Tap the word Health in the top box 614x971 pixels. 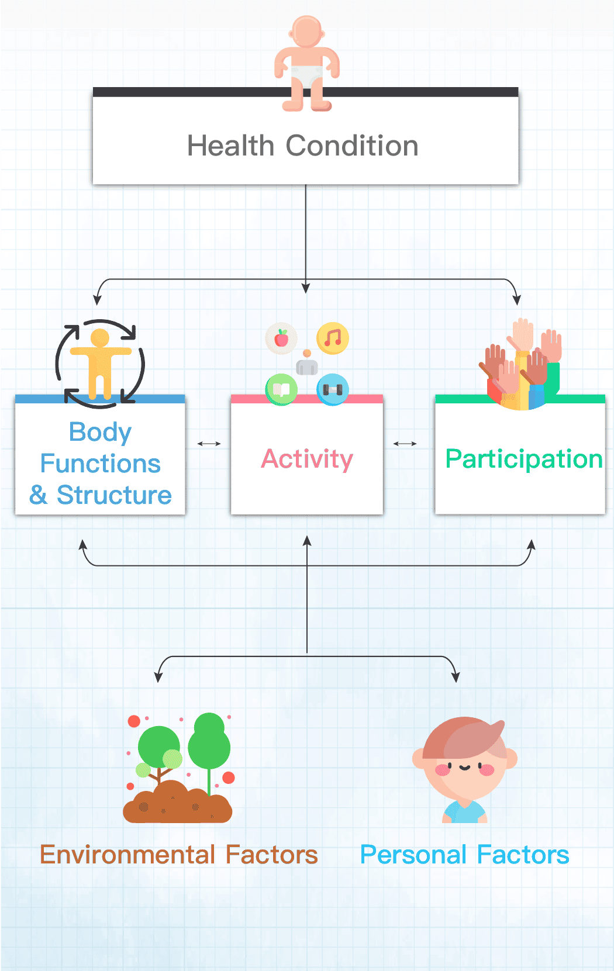tap(230, 146)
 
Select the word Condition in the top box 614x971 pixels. tap(352, 146)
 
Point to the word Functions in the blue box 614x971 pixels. tap(100, 464)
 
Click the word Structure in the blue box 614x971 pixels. tap(114, 495)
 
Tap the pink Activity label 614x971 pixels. tap(307, 459)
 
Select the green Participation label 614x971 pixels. tap(523, 459)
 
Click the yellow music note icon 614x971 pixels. tap(333, 338)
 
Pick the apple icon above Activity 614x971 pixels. tap(281, 338)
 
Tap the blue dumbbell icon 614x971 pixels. tap(333, 389)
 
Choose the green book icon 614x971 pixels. tap(281, 389)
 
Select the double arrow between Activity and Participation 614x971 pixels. tap(405, 444)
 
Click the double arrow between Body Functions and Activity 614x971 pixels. tap(209, 444)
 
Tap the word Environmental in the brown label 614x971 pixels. tap(127, 855)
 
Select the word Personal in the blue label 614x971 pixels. tap(413, 855)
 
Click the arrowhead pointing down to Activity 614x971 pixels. tap(306, 288)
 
